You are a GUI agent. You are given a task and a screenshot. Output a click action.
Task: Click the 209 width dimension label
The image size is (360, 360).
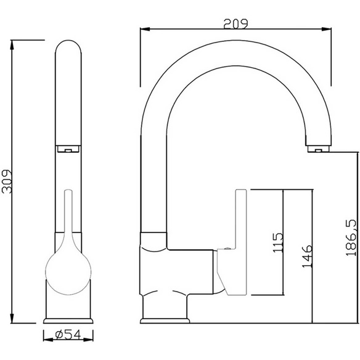[x=236, y=24]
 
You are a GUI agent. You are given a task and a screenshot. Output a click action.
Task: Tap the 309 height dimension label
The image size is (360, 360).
[x=7, y=182]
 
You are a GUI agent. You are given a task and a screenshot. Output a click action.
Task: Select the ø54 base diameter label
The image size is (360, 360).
[x=68, y=335]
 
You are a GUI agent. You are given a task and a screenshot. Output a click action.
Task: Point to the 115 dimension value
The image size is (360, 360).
[x=278, y=243]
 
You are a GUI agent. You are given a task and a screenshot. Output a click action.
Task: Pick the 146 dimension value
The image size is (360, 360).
[x=307, y=256]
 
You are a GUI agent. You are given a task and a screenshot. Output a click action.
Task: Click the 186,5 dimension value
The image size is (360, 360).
[x=351, y=238]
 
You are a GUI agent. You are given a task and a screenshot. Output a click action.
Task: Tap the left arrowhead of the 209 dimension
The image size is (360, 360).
[x=145, y=29]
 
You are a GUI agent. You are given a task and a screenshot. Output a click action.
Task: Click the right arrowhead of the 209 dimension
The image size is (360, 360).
[x=327, y=29]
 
